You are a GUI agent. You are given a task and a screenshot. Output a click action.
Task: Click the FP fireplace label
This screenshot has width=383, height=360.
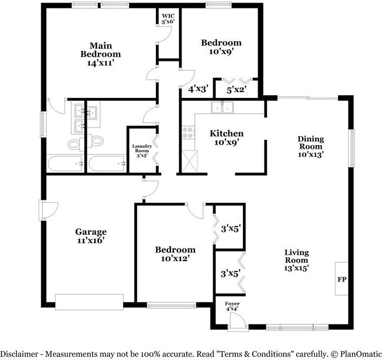point(342,279)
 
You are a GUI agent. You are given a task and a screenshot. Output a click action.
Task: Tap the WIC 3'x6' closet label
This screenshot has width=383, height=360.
point(168,19)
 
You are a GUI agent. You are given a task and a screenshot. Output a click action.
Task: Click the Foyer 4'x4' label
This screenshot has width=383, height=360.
point(232,306)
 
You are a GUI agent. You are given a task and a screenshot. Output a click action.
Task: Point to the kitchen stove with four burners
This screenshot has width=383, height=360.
point(188,133)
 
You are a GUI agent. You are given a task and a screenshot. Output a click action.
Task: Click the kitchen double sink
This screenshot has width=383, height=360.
point(222,107)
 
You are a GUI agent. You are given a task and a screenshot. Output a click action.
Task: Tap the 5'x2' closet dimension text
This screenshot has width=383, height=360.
point(236,90)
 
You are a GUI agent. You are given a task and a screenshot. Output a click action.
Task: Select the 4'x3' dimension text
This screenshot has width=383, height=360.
point(198,89)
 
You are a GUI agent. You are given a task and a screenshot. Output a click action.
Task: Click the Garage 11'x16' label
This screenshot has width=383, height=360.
point(91,236)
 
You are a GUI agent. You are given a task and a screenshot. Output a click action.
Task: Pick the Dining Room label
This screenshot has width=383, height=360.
point(311,147)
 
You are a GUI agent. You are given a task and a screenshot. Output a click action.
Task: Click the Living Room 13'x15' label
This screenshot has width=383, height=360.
point(297,260)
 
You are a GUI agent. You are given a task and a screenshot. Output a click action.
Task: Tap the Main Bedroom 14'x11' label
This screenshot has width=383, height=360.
point(101,54)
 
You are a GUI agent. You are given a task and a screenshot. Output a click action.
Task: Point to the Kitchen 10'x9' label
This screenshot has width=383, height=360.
point(226,138)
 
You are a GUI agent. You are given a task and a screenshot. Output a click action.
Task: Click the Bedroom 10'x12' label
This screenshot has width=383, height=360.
point(175,254)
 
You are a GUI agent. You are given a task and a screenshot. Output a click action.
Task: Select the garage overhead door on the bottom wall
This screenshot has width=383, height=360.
point(89,302)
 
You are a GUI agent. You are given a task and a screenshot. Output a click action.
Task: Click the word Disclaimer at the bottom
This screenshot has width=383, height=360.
point(20,354)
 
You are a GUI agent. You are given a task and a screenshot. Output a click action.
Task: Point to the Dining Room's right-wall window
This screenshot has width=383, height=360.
point(351,148)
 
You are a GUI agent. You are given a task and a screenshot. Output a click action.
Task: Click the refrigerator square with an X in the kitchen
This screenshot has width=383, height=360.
point(189,161)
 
